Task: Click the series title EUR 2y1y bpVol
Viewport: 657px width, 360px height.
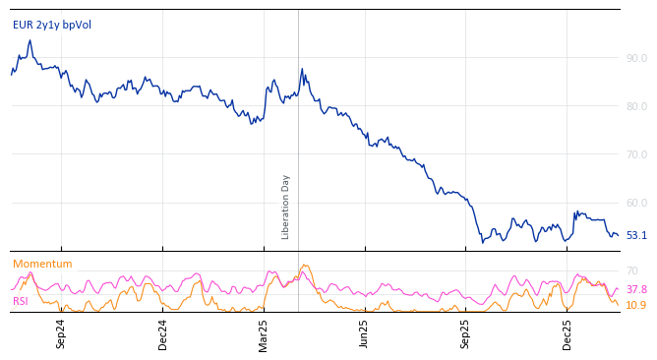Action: click(x=52, y=25)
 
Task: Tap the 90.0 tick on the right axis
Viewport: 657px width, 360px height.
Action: click(x=636, y=58)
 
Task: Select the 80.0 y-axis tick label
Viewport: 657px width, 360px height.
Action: click(x=636, y=106)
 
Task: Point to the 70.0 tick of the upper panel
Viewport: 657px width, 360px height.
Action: click(x=636, y=154)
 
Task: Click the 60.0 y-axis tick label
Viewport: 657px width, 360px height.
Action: click(x=636, y=203)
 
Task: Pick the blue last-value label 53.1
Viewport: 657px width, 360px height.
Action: click(x=636, y=235)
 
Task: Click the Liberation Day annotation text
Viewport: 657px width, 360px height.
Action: click(x=286, y=207)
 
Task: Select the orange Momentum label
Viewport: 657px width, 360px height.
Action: click(x=42, y=264)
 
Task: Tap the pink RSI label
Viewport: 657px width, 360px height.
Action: click(x=21, y=301)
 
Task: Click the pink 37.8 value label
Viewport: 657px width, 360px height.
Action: click(x=636, y=289)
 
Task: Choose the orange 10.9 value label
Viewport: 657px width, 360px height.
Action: click(x=636, y=305)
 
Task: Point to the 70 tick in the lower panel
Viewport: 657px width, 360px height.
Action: click(x=632, y=270)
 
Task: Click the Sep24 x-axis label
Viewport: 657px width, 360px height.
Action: click(x=61, y=333)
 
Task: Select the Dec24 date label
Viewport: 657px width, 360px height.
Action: click(x=163, y=333)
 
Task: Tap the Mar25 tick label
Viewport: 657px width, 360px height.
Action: click(x=264, y=333)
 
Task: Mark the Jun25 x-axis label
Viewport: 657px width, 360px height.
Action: click(x=365, y=333)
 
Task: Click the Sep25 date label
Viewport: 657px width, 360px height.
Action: click(x=466, y=333)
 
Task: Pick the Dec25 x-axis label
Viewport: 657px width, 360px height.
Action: click(x=567, y=333)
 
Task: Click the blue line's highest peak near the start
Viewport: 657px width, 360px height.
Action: click(x=30, y=40)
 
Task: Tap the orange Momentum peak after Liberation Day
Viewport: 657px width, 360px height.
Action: click(x=306, y=265)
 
